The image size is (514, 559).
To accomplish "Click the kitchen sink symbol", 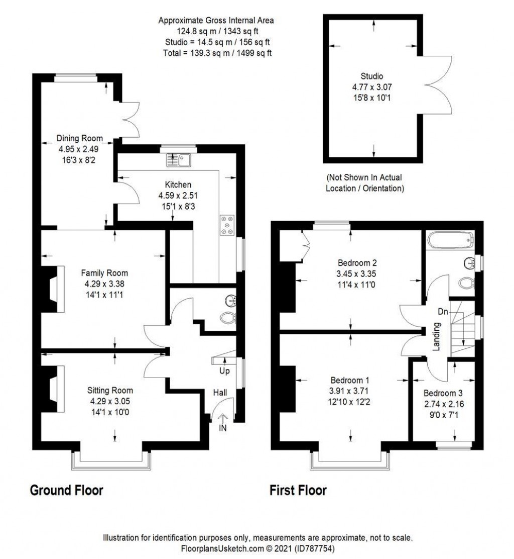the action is point(178,160).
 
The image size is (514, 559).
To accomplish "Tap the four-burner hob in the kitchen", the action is point(227,225).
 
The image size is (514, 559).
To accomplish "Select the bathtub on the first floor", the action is point(450,240).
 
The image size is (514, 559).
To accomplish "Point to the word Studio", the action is point(371,76).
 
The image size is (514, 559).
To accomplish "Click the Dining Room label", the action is point(79,138).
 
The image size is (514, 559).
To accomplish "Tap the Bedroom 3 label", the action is point(443,393).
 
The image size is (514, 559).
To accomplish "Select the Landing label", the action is point(436,337).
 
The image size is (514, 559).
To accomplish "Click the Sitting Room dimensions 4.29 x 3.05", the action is point(110,402).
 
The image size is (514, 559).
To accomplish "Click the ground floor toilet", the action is point(228,317).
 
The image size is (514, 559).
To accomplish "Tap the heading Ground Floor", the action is point(67,490).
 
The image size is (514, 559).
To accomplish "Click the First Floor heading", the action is point(298,490).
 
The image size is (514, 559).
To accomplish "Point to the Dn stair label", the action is point(443,312).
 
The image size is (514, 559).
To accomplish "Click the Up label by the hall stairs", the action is point(224,371).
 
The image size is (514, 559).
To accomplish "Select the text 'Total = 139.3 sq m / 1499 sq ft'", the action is point(217,53).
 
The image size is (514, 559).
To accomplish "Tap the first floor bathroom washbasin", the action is point(470,263).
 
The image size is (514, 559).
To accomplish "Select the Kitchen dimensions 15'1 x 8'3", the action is point(178,207).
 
